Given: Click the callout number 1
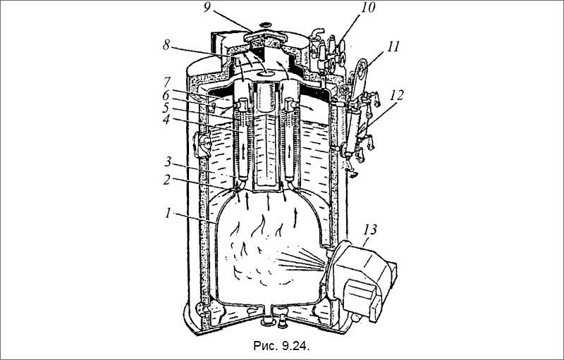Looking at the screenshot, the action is pyautogui.click(x=167, y=213).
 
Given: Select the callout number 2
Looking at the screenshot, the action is pyautogui.click(x=166, y=179).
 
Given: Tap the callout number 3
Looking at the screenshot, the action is pyautogui.click(x=168, y=162).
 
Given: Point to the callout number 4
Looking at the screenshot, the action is pyautogui.click(x=166, y=120).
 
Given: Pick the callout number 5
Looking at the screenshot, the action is pyautogui.click(x=166, y=108).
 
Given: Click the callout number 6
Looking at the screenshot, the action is pyautogui.click(x=166, y=96).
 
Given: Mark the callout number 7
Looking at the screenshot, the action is pyautogui.click(x=166, y=82).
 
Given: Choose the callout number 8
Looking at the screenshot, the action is pyautogui.click(x=166, y=45).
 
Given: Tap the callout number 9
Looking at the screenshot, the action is pyautogui.click(x=207, y=8).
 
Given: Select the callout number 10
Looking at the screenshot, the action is pyautogui.click(x=367, y=8).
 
